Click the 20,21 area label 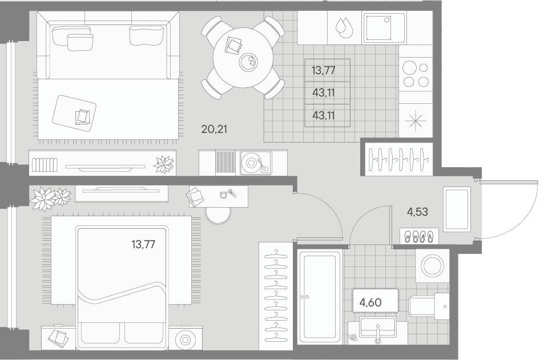coord(214,130)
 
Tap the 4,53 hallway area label coord(417,212)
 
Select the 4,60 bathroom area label coord(370,302)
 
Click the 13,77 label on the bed coord(143,245)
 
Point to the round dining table coord(243,57)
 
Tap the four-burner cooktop coord(416,74)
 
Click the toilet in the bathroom coord(429,306)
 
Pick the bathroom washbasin coord(377,327)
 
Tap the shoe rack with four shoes coord(419,236)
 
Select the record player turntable coord(255,163)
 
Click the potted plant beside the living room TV coord(164,164)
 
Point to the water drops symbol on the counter coord(344,27)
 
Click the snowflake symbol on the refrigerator coord(416,122)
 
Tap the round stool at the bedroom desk coord(218,216)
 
